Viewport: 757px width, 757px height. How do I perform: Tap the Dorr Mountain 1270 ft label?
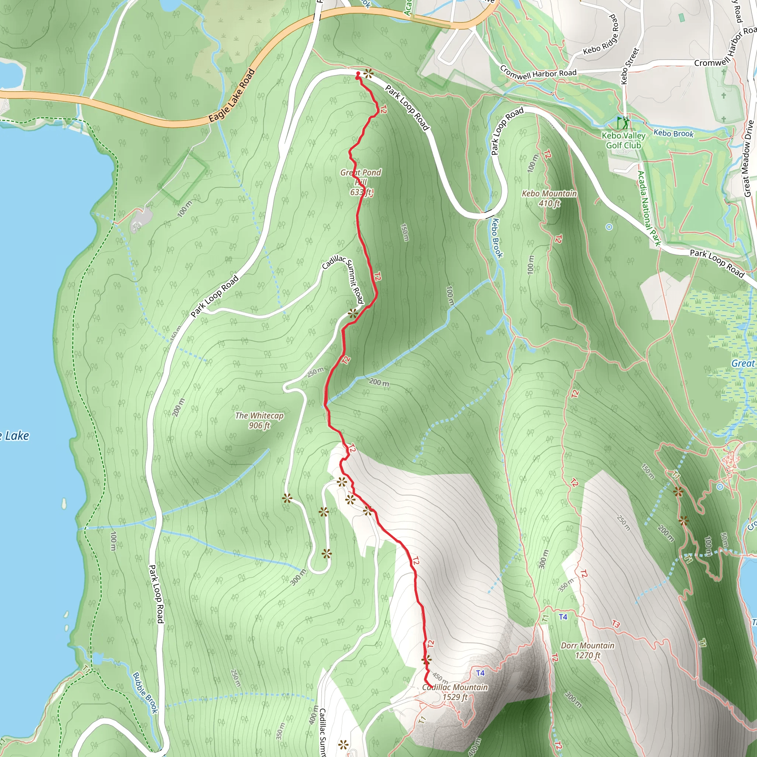587,651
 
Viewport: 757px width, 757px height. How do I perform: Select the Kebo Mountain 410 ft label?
549,198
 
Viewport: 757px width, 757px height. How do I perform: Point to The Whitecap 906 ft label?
259,420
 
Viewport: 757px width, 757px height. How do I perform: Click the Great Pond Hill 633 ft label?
360,182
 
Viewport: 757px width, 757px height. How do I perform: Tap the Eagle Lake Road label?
232,96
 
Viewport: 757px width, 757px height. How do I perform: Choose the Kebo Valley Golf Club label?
624,140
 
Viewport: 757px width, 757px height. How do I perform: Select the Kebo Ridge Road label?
601,35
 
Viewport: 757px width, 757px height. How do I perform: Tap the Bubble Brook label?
145,692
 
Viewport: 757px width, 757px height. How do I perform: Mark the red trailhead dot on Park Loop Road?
358,74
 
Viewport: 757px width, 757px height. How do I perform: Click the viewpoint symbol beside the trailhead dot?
368,73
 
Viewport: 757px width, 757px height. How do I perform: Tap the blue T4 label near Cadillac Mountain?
481,673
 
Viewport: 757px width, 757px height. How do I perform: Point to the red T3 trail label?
616,624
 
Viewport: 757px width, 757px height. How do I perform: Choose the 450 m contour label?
440,677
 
